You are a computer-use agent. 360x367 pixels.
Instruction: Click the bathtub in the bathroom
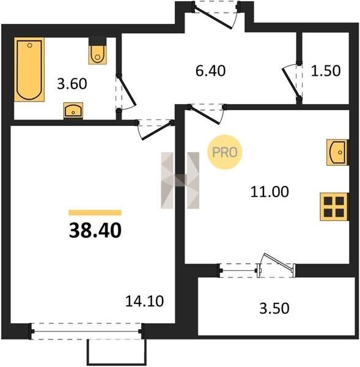[x=29, y=70]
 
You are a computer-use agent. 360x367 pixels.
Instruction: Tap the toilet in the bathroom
[x=98, y=55]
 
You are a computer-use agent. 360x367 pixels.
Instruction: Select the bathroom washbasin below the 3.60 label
[x=73, y=111]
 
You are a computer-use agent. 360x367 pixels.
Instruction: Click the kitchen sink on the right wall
[x=337, y=152]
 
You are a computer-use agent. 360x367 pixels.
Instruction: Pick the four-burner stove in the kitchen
[x=334, y=207]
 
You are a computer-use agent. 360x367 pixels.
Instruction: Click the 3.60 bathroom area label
[x=72, y=84]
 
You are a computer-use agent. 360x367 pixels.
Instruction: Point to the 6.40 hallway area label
[x=210, y=71]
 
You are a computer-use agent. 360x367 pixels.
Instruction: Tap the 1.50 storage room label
[x=326, y=71]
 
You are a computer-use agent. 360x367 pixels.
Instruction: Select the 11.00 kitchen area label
[x=270, y=191]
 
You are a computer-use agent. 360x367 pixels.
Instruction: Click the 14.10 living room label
[x=144, y=301]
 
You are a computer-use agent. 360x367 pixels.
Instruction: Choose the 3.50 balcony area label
[x=274, y=308]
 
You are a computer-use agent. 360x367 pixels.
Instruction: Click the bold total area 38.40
[x=95, y=230]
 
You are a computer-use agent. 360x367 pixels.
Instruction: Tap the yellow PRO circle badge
[x=224, y=152]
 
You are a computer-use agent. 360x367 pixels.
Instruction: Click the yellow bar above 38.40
[x=95, y=212]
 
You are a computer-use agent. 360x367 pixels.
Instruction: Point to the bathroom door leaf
[x=127, y=91]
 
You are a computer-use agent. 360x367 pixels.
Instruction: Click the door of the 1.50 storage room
[x=291, y=83]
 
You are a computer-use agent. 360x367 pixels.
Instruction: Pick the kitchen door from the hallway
[x=205, y=115]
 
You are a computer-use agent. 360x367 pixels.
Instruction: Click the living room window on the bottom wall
[x=86, y=331]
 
